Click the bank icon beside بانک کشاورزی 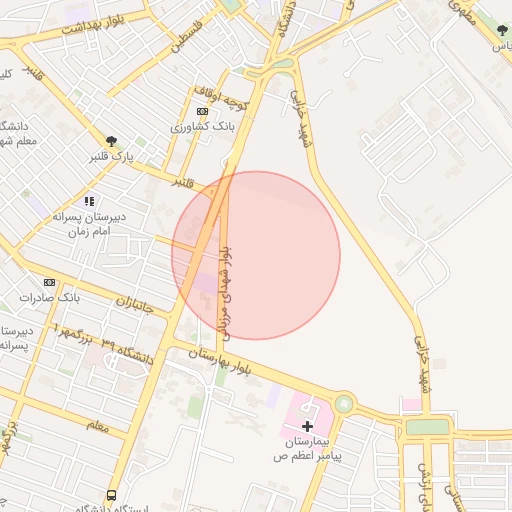pos(203,111)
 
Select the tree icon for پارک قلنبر pos(111,141)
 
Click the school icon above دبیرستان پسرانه pos(90,201)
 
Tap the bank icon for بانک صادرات pos(49,283)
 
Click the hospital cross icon pos(307,427)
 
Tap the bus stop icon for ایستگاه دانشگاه pos(110,495)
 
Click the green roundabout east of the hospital pos(345,404)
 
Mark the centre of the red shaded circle pos(256,255)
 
